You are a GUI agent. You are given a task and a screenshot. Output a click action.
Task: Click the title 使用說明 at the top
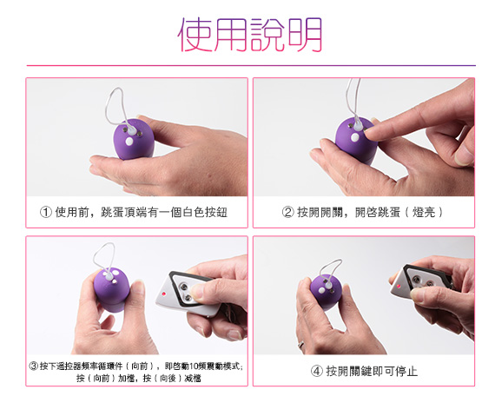click(250, 34)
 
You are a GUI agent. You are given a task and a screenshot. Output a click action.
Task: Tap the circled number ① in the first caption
click(46, 212)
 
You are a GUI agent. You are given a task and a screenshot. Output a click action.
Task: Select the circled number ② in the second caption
click(287, 212)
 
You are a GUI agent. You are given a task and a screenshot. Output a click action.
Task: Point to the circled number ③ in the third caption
click(34, 366)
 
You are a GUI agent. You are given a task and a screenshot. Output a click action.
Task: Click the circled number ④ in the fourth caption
click(317, 371)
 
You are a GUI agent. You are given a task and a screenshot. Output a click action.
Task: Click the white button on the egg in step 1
click(129, 142)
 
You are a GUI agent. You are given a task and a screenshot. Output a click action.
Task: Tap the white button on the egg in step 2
click(355, 137)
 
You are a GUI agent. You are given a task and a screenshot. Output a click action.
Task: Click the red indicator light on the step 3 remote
click(163, 294)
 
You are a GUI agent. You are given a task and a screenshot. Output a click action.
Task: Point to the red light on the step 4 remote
click(399, 286)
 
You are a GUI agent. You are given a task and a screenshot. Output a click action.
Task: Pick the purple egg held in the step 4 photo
click(326, 292)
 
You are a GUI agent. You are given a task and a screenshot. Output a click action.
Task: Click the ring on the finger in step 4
click(301, 344)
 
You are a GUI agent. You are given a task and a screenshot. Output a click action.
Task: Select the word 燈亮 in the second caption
click(424, 212)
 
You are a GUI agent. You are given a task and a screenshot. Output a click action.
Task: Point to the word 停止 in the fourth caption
click(406, 371)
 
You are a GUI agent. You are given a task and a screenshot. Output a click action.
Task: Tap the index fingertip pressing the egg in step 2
click(370, 134)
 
